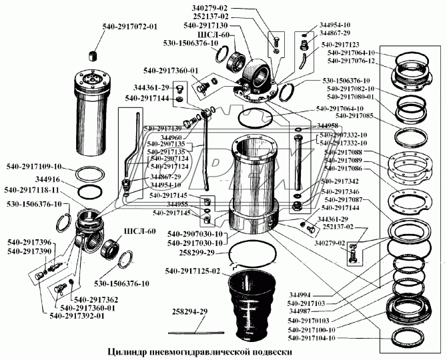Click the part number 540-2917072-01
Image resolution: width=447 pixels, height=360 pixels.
coord(130,27)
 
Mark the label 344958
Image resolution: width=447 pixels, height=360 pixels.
coord(328,125)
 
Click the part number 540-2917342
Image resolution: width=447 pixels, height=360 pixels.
coord(343,181)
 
